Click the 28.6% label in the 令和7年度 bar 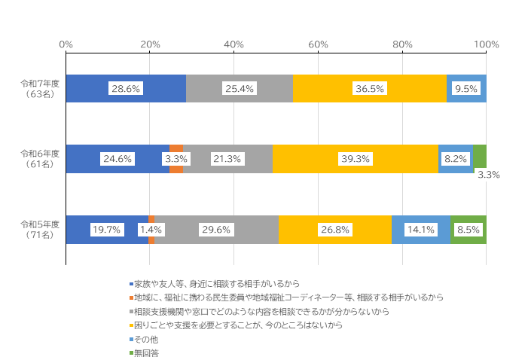click(126, 89)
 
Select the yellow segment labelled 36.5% click(369, 89)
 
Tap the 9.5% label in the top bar click(466, 89)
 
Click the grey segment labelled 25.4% click(240, 89)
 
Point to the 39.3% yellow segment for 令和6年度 click(356, 159)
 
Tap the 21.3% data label click(227, 159)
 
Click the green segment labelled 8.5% click(468, 230)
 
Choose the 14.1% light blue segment click(420, 230)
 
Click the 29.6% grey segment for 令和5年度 click(217, 230)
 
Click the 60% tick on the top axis click(318, 44)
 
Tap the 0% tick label click(66, 44)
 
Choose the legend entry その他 click(147, 339)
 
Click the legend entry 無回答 click(147, 352)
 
